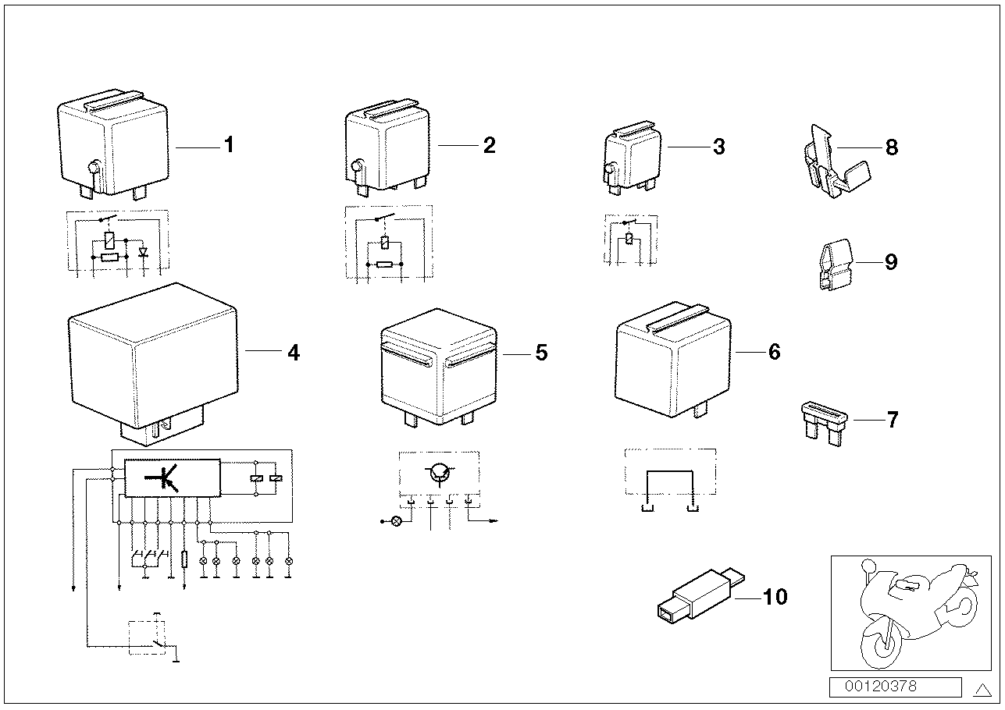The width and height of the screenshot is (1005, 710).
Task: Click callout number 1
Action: click(x=229, y=145)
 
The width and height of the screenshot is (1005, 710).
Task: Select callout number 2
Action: click(x=489, y=145)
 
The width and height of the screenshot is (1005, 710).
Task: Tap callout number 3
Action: click(x=718, y=146)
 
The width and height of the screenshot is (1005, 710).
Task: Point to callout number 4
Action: click(x=293, y=353)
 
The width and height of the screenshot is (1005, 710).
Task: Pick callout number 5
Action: click(x=541, y=353)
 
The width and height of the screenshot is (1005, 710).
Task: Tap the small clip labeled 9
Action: click(x=835, y=265)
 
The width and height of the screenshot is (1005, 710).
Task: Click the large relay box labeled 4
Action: click(x=152, y=351)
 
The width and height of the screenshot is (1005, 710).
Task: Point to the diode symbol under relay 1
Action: click(x=142, y=254)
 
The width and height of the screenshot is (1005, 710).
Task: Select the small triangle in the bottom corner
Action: click(x=982, y=689)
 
